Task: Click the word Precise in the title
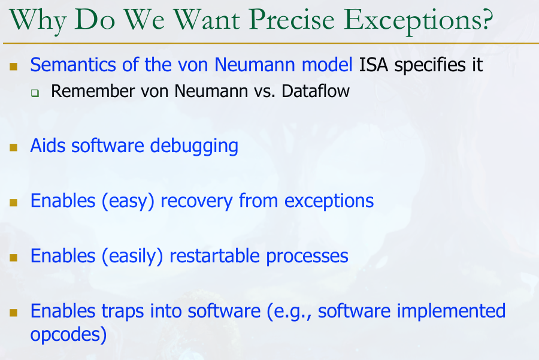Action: click(x=292, y=20)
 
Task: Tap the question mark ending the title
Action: click(x=487, y=19)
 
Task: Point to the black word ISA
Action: click(x=374, y=65)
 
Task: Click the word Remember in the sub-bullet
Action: click(x=93, y=91)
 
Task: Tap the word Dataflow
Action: click(x=315, y=91)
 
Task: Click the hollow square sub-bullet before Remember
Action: click(x=35, y=93)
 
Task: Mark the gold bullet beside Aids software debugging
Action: click(x=13, y=147)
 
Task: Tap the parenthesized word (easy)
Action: click(x=128, y=201)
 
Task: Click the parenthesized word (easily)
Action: click(x=132, y=256)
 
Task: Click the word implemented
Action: click(x=451, y=311)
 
